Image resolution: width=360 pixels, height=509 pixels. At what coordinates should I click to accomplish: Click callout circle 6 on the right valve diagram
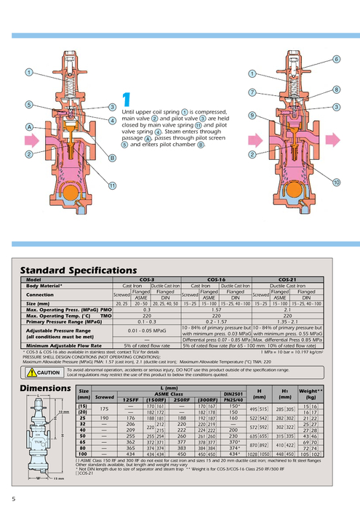click(337, 59)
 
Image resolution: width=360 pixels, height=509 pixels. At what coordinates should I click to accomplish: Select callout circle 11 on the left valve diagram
click(113, 186)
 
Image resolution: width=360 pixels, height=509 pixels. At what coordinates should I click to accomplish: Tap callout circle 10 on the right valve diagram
click(337, 181)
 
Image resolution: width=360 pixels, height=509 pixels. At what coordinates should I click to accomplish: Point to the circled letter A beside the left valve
click(28, 127)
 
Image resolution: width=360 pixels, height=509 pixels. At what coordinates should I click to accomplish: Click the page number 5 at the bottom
click(13, 497)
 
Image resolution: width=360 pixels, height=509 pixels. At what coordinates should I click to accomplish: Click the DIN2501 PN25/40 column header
click(233, 396)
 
